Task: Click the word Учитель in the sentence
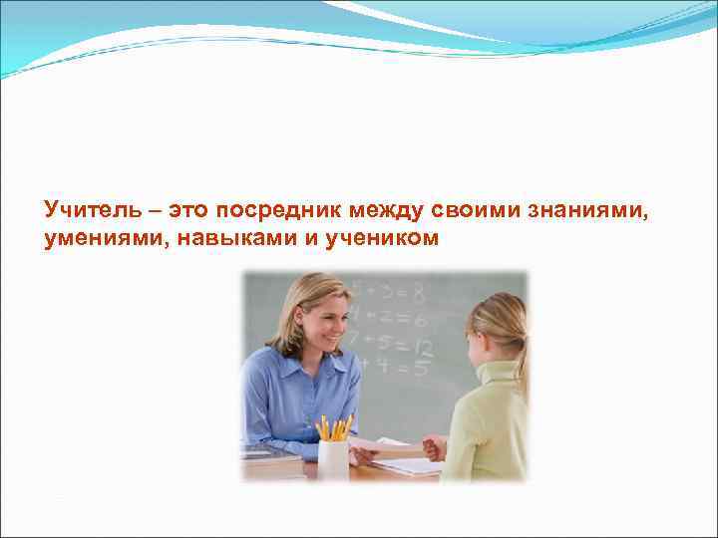88,210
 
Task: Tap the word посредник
275,210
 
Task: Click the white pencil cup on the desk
333,459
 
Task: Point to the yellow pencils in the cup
334,428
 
